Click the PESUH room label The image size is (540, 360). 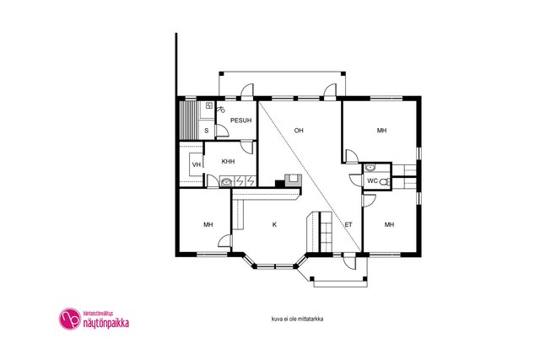click(x=240, y=121)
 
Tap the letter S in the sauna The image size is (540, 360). click(x=207, y=131)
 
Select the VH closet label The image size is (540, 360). click(x=197, y=165)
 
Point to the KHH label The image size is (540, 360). click(x=228, y=161)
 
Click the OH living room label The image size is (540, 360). click(x=299, y=131)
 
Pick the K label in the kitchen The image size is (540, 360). click(x=274, y=225)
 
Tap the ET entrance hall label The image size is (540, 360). click(x=348, y=225)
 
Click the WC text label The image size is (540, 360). click(x=373, y=180)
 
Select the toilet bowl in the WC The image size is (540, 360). click(x=385, y=182)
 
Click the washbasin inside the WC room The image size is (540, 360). click(x=370, y=168)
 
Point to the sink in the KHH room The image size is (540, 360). click(x=226, y=182)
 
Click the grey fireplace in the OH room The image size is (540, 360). click(x=293, y=180)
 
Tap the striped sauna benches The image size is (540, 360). click(x=188, y=120)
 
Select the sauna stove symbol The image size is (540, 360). click(x=209, y=105)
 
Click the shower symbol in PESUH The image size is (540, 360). click(x=221, y=110)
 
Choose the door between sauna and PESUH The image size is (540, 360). click(x=221, y=132)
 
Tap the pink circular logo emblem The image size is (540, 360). click(x=70, y=319)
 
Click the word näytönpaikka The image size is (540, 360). click(x=106, y=323)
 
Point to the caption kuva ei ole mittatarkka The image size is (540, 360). click(x=297, y=319)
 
